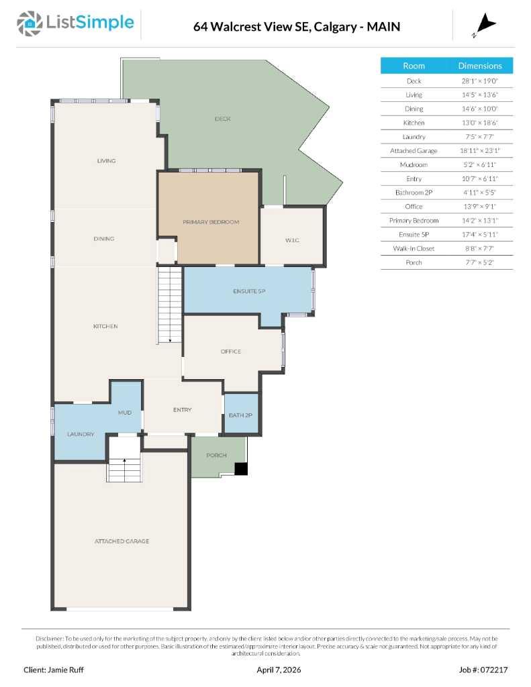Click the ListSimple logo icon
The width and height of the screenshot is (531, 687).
coord(28,23)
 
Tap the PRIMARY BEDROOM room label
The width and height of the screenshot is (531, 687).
coord(211,221)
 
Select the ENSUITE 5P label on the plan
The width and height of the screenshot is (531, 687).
coord(249,291)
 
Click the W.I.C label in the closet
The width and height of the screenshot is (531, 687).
coord(291,240)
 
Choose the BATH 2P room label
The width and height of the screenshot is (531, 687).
coord(240,415)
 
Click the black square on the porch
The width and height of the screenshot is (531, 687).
coord(241,469)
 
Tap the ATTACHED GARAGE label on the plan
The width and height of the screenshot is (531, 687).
coord(122,541)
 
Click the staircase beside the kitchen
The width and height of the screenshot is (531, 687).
coord(170,305)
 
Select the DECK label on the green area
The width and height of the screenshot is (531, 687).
coord(223,119)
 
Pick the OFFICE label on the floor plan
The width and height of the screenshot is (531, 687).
coord(230,352)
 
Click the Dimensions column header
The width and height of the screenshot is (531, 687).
coord(479,66)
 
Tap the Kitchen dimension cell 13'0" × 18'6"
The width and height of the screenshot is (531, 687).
coord(479,123)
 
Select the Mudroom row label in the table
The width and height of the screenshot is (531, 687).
coord(414,164)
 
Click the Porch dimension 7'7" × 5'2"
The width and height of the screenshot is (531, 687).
coord(479,262)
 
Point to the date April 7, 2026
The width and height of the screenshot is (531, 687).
coord(275,670)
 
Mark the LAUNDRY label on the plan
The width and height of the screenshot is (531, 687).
coord(81,434)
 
